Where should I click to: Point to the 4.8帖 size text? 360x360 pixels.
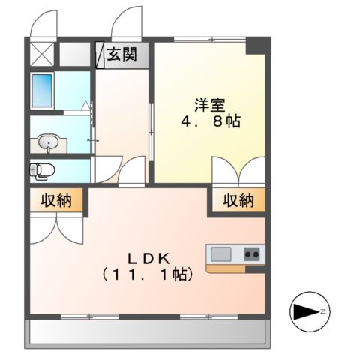coord(210,121)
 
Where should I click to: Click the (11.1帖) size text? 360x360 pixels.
coord(147,274)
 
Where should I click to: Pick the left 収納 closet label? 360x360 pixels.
coord(57,200)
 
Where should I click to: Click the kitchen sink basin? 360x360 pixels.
coord(221,254)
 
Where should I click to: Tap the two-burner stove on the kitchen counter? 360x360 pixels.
coord(250,254)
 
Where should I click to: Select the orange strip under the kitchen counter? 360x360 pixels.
coord(235,268)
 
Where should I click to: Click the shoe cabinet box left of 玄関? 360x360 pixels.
coord(99,55)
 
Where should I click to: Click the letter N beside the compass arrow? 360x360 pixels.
coord(323,310)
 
